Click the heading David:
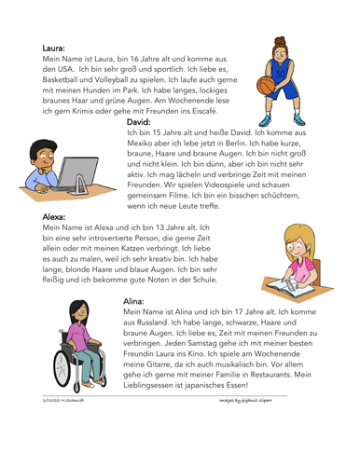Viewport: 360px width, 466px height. (x=138, y=121)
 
